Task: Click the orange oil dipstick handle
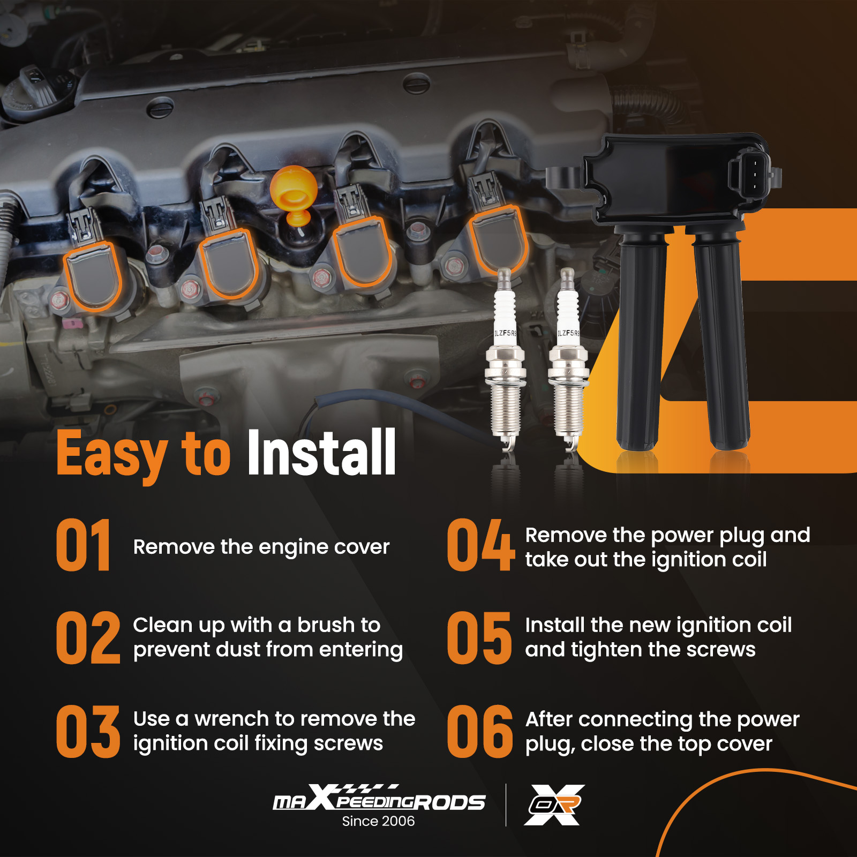point(294,195)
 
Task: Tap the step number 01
point(84,545)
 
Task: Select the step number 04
point(480,545)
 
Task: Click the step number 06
point(480,732)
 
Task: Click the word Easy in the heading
point(111,455)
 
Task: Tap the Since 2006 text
point(378,821)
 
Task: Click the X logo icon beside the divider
point(554,805)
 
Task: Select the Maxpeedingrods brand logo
point(379,798)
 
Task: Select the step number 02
point(88,638)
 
